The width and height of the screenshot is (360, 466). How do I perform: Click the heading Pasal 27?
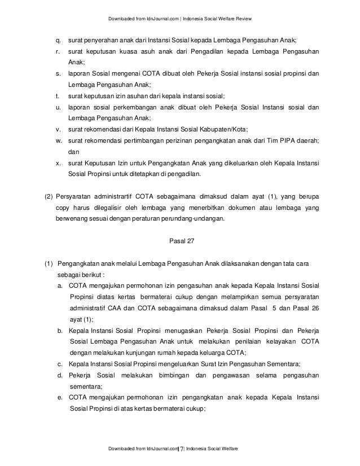(x=181, y=243)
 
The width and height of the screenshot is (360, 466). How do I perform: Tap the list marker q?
(x=57, y=41)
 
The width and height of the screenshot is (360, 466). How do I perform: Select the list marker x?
(x=57, y=164)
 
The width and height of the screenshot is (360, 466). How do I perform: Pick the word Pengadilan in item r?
(x=216, y=52)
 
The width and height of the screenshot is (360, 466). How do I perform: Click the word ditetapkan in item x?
(x=142, y=174)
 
